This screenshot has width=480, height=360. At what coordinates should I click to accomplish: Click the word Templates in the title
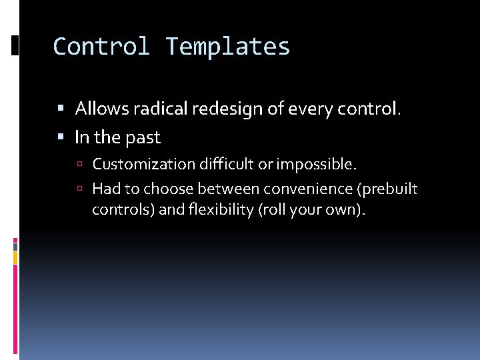click(x=228, y=47)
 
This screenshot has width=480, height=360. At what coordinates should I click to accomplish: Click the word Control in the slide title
click(x=102, y=47)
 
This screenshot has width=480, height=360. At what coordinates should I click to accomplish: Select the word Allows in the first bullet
click(x=100, y=108)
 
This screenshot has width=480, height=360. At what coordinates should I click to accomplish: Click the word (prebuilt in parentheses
click(x=388, y=189)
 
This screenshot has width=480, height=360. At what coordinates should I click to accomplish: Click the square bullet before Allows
click(x=61, y=109)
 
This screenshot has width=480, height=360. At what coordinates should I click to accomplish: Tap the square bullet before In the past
click(x=61, y=138)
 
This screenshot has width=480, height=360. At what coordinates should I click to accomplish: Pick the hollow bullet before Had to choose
click(x=80, y=189)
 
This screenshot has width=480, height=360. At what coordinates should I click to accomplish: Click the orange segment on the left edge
click(x=15, y=257)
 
